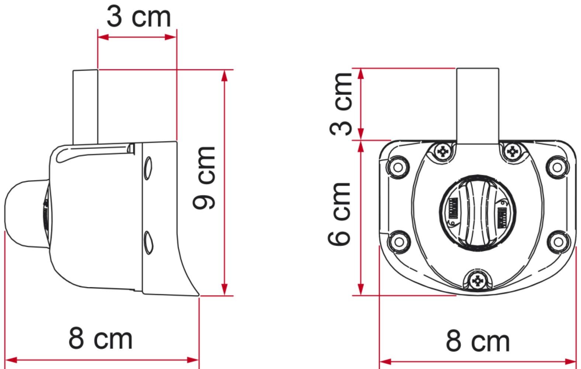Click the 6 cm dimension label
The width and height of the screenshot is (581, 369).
tap(339, 213)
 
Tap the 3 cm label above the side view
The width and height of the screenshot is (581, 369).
tap(138, 17)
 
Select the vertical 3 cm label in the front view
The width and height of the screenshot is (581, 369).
tap(340, 104)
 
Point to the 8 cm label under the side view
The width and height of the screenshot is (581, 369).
tap(100, 338)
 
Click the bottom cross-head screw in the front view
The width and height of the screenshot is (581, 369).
tap(477, 281)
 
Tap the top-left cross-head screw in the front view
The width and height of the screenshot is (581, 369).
tap(443, 151)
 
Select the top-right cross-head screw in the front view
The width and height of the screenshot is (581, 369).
tap(512, 151)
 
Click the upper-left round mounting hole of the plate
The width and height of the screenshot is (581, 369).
tap(398, 167)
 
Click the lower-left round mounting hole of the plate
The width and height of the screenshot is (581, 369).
tap(398, 242)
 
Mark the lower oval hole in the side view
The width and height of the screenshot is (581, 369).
tap(148, 242)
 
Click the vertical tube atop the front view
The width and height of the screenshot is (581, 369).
tap(477, 105)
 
